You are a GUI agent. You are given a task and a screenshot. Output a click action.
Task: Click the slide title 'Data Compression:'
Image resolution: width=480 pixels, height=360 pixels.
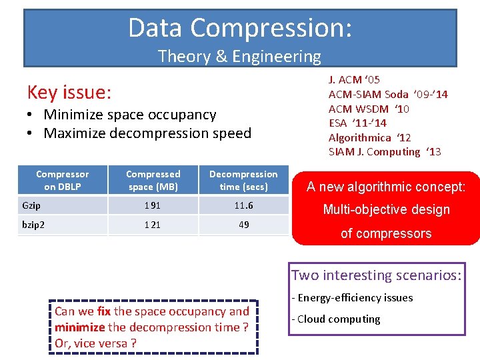point(240,28)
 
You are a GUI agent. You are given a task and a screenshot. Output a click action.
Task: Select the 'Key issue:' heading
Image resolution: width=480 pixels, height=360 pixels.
point(69,91)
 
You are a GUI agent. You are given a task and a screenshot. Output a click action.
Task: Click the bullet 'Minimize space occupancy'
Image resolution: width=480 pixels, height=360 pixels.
point(130,115)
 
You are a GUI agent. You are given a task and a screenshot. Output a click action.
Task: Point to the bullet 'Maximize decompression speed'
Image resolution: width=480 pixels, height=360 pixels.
point(147,133)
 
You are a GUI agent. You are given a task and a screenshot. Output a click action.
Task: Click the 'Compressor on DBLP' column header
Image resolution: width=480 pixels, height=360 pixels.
point(62,180)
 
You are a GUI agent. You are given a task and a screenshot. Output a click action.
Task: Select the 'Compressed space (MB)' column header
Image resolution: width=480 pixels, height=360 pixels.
point(153,180)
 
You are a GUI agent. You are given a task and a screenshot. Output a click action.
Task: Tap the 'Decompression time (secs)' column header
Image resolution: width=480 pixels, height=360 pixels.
point(243,180)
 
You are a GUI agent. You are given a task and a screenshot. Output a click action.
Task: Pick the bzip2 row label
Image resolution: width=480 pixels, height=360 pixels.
point(33,225)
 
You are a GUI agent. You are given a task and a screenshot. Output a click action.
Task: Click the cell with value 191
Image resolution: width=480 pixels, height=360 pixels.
point(153,206)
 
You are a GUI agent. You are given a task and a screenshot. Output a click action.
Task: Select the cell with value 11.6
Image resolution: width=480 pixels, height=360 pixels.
point(243,206)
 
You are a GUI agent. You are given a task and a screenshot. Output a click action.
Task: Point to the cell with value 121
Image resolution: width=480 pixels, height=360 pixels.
point(153,225)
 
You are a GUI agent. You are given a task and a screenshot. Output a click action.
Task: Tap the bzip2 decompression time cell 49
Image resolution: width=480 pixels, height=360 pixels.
point(243,225)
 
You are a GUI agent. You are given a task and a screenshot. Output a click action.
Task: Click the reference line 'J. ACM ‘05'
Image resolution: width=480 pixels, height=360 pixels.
point(354,80)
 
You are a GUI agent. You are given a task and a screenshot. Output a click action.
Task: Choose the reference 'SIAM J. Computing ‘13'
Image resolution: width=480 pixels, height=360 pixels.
point(385,152)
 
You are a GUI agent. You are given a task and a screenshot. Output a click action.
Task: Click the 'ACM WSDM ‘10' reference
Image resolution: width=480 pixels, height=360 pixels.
point(369,109)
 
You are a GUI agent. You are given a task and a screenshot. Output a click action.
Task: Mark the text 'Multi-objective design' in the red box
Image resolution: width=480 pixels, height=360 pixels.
point(386,209)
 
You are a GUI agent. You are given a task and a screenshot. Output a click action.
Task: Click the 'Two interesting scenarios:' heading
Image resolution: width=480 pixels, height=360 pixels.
point(376,275)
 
